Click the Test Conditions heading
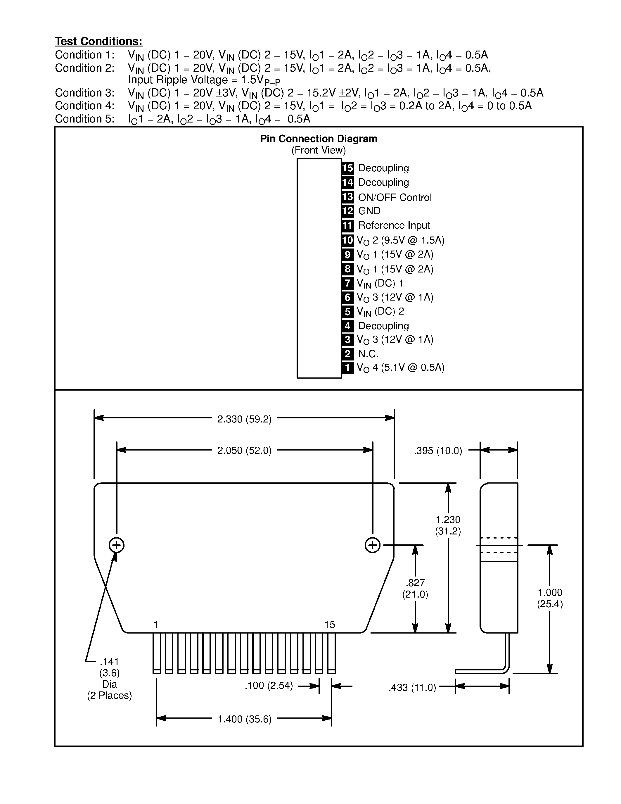(98, 41)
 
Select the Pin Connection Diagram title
(319, 139)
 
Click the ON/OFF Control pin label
(395, 197)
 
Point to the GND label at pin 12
(369, 211)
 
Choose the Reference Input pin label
(394, 225)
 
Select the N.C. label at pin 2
(368, 354)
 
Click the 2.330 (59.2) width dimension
(244, 419)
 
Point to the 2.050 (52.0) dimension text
(244, 451)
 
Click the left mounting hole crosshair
(117, 545)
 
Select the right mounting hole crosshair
(372, 545)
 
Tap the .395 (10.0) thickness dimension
(438, 451)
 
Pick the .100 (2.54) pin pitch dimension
(269, 686)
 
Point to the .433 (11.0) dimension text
(412, 687)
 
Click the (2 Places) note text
(109, 696)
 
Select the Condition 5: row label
(85, 119)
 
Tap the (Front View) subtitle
(319, 150)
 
